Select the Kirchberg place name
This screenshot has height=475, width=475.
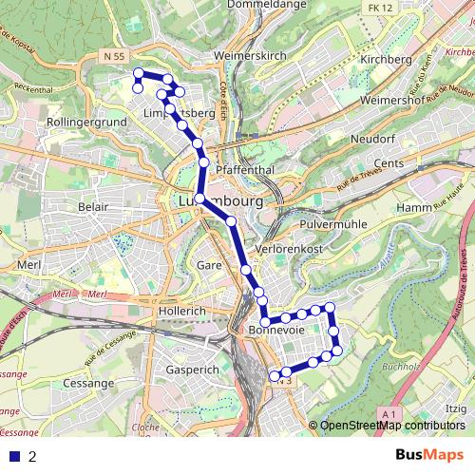click(x=388, y=59)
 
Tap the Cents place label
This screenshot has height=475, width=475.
click(x=415, y=163)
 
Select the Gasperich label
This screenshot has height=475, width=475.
click(x=192, y=368)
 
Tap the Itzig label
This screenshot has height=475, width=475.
click(x=456, y=408)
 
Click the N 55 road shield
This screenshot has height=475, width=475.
click(x=113, y=57)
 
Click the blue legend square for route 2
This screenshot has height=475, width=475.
click(x=13, y=456)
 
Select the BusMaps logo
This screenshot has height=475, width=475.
click(x=429, y=455)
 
